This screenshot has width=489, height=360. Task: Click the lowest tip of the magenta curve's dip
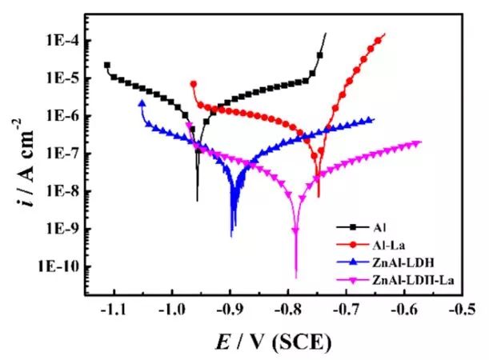pos(296,278)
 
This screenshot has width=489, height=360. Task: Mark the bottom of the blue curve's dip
pos(231,237)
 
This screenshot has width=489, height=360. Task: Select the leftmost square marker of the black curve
pos(107,65)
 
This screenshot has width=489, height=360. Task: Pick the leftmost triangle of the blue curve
pos(142,103)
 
